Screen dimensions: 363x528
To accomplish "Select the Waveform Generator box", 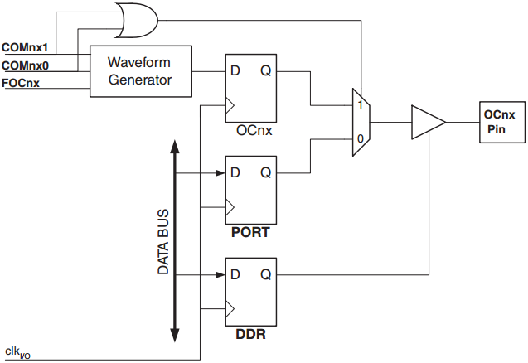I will coord(140,72).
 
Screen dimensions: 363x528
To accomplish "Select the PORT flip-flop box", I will coord(250,190).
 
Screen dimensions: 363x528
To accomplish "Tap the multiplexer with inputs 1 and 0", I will coord(361,122).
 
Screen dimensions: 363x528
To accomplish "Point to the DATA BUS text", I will coord(163,241).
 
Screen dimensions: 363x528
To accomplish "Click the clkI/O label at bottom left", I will coord(17,353).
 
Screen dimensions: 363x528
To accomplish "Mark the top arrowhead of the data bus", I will coord(175,148).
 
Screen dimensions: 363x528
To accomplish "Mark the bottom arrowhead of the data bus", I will coord(175,335).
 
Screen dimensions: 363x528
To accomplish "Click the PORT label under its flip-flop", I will coord(250,233).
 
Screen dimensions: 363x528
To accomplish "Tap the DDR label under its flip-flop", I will coord(250,334).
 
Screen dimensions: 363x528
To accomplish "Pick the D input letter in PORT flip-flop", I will coord(235,173).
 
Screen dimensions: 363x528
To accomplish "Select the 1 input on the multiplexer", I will coord(359,105).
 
